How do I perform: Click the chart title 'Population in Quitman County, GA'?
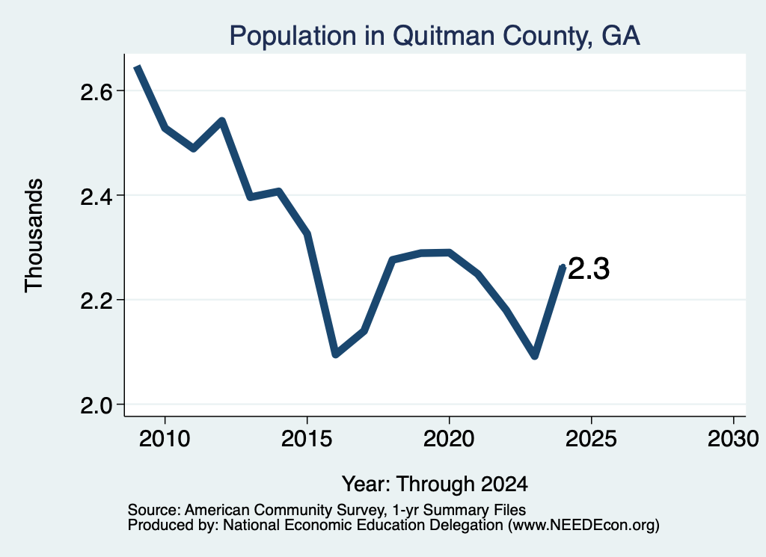[x=435, y=36]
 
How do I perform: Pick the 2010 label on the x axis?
[x=165, y=438]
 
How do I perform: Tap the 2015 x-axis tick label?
[x=307, y=438]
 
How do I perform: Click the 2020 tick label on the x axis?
[x=449, y=438]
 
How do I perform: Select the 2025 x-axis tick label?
[x=591, y=438]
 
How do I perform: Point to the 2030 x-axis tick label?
[x=733, y=438]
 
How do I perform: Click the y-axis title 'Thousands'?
[x=34, y=236]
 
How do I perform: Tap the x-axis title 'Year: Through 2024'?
[x=435, y=484]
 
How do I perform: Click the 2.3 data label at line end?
[x=589, y=269]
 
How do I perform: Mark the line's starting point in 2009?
[x=138, y=67]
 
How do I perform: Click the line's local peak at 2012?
[x=221, y=120]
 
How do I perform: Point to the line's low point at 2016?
[x=336, y=354]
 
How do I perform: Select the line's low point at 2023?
[x=535, y=356]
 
